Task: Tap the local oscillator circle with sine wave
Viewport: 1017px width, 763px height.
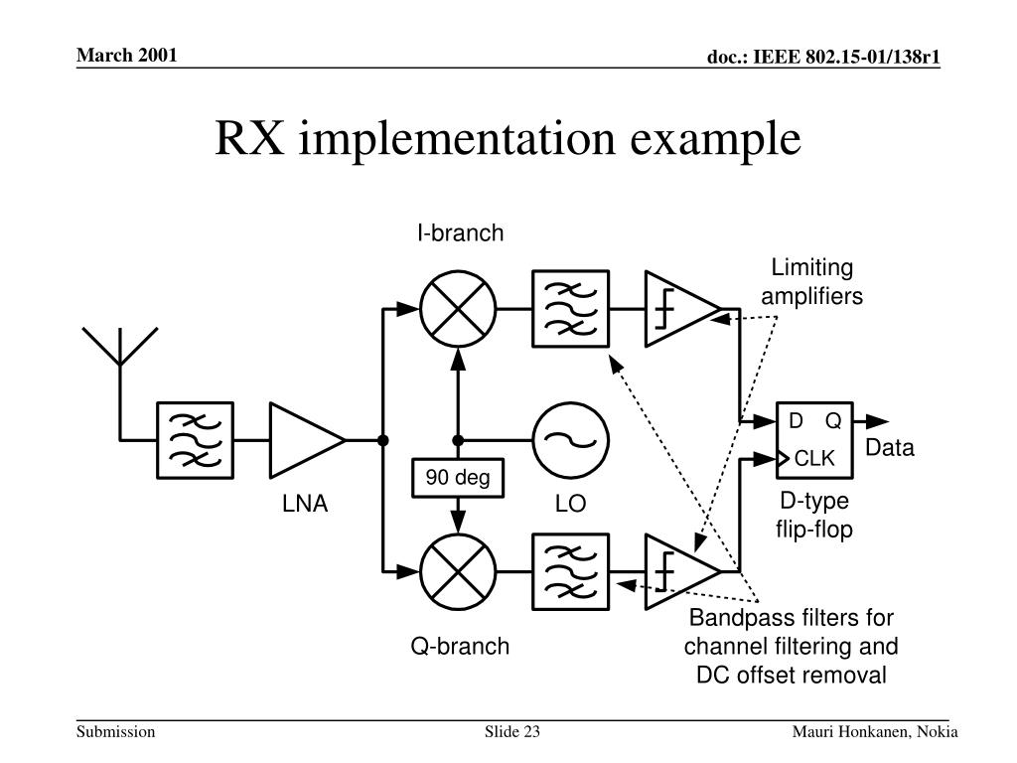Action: pos(571,439)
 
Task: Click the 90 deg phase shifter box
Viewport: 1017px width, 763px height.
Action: pos(459,479)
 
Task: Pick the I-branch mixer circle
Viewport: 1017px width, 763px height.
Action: pos(458,308)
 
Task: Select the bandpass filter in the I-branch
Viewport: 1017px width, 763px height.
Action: pos(571,308)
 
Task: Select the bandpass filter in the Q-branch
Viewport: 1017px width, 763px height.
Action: pos(571,572)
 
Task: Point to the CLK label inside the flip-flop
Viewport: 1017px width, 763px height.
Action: pos(816,458)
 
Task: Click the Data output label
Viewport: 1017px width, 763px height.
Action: pos(889,448)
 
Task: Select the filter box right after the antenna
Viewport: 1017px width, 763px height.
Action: pos(196,439)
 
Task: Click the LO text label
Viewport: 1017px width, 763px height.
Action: pos(571,505)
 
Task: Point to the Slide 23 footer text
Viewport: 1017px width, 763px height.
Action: pos(511,732)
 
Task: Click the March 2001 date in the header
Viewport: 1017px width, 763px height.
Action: pos(128,55)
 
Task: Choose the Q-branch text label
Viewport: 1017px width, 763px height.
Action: pos(461,647)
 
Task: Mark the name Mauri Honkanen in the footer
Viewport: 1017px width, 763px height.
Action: pos(850,732)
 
